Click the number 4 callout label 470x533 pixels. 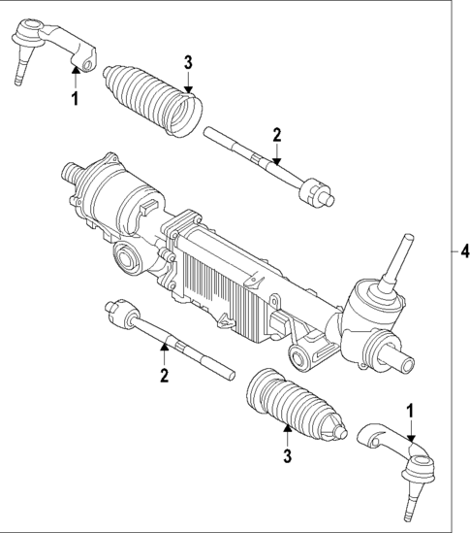[463, 250]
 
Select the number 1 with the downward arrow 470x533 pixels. [411, 412]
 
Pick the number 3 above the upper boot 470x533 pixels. [189, 62]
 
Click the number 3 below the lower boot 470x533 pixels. [286, 452]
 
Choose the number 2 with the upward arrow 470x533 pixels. [165, 374]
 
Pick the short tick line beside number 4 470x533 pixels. [453, 250]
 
